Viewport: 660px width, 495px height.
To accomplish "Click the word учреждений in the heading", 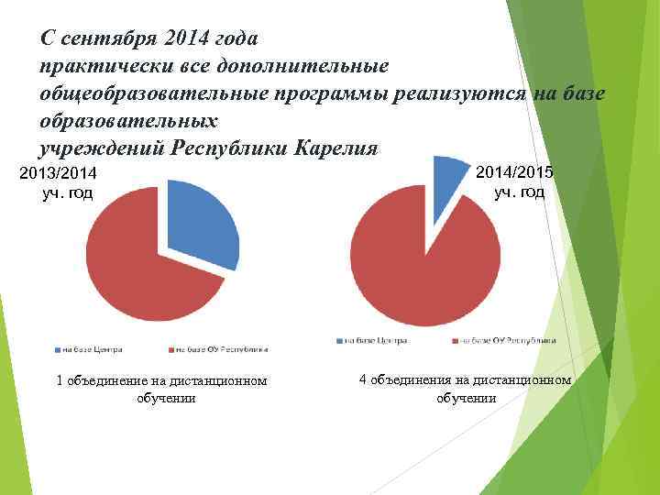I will click(x=100, y=148).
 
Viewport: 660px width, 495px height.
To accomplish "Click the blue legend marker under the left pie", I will click(x=58, y=349).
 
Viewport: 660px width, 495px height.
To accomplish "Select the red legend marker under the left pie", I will click(x=170, y=349).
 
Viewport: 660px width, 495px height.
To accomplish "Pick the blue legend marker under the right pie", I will click(x=341, y=341).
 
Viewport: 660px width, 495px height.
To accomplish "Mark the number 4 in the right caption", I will click(x=362, y=379).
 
